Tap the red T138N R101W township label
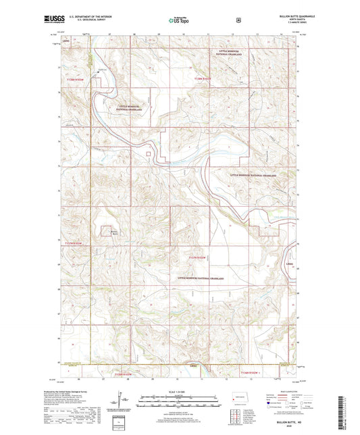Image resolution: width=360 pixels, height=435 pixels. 203,79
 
